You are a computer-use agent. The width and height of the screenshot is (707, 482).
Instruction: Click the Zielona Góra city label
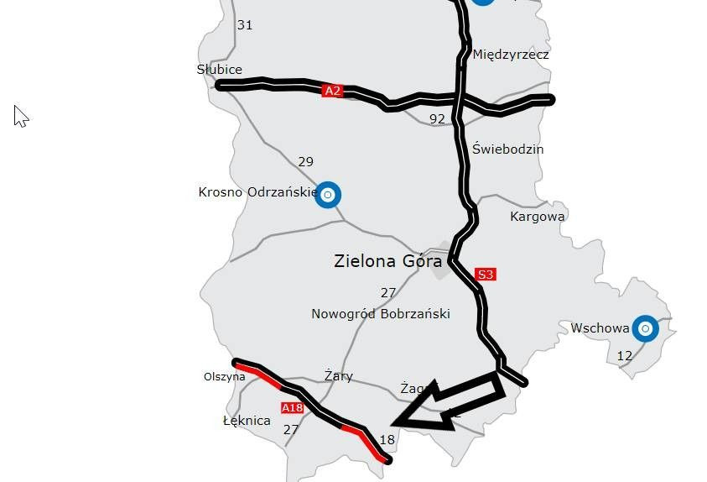click(387, 261)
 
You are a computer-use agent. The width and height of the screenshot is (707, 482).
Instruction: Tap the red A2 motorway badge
click(333, 91)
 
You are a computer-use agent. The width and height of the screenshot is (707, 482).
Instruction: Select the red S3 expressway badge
click(485, 275)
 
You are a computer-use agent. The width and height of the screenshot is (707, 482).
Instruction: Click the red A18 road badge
click(292, 408)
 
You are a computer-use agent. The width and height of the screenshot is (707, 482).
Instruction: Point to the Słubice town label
click(220, 70)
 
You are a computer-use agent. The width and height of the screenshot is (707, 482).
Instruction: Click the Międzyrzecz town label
click(511, 55)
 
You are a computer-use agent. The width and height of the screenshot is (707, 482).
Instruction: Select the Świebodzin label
click(507, 149)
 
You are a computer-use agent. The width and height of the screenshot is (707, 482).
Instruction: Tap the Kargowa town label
click(538, 216)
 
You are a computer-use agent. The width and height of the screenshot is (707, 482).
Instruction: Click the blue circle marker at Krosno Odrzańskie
click(328, 195)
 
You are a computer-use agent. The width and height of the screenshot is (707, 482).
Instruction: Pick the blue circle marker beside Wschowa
click(645, 329)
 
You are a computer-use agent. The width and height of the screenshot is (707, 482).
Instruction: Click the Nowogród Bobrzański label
click(381, 314)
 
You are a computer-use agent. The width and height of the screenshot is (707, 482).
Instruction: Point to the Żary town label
click(338, 376)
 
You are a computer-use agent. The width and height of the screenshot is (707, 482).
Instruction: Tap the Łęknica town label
click(247, 420)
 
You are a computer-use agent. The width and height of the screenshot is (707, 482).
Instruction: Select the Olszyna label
click(225, 376)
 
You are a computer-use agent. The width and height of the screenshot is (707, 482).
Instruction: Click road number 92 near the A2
click(437, 119)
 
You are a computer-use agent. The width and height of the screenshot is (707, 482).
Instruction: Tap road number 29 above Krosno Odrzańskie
click(305, 161)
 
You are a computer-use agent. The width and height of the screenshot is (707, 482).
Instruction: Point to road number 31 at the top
click(244, 25)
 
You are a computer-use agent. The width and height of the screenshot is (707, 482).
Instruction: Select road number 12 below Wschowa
click(624, 356)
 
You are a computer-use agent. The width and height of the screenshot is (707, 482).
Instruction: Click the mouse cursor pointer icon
click(21, 116)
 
